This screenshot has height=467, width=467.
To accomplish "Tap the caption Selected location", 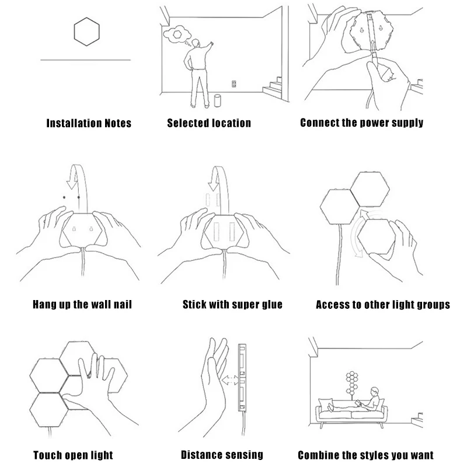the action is [209, 123].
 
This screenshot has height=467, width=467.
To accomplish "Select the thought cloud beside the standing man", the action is [176, 35].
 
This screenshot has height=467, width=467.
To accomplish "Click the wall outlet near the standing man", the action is [233, 83].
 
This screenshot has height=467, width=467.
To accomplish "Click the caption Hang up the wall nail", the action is [82, 304].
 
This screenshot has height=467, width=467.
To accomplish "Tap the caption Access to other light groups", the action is [382, 304].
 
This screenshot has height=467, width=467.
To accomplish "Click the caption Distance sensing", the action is [222, 455].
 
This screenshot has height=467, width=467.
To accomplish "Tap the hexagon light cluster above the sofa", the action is [353, 381].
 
